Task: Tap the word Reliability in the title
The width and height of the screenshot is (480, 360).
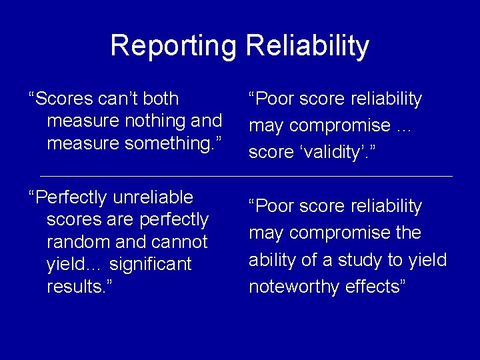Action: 307,46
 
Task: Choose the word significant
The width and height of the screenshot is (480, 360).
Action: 151,265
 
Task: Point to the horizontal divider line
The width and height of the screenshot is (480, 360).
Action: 246,176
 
